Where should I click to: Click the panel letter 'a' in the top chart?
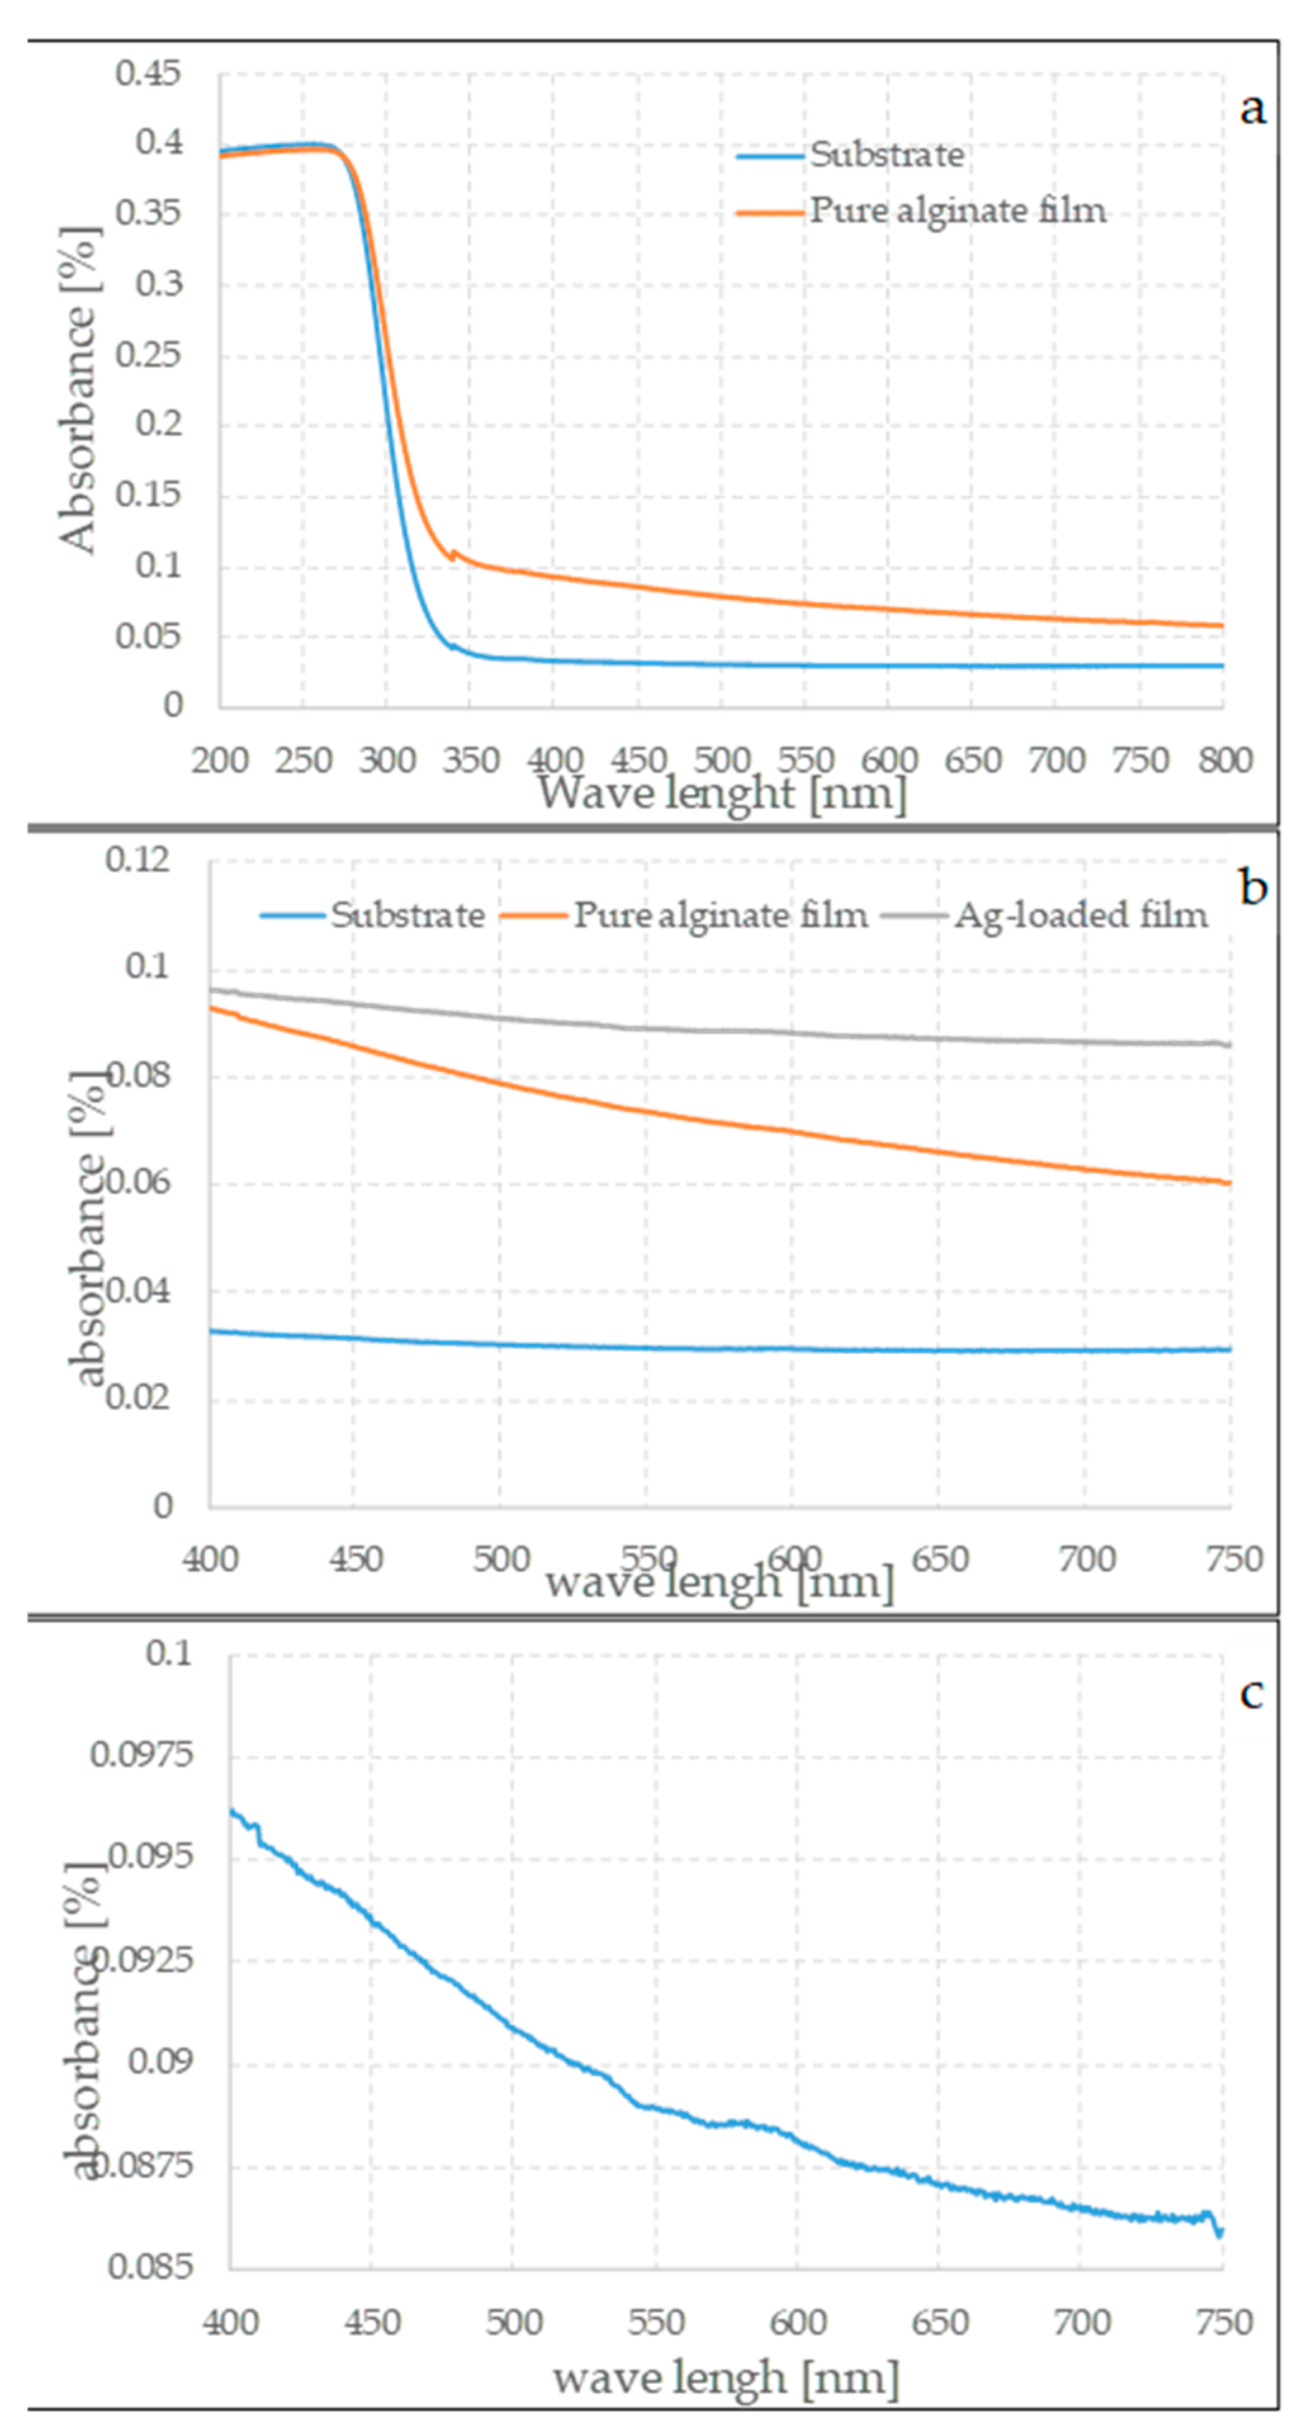click(1252, 110)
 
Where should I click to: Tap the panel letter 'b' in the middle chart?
click(1252, 889)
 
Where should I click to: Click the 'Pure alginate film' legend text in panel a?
click(958, 210)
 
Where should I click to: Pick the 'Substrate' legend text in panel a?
click(887, 155)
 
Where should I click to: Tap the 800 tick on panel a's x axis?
click(1224, 760)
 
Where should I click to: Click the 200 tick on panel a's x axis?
click(220, 760)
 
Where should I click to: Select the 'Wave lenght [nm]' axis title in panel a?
click(722, 793)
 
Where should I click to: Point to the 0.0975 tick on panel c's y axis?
click(141, 1754)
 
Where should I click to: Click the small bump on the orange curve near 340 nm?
click(453, 553)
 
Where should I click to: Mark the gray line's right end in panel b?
click(1228, 1044)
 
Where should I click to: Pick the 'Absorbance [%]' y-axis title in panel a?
click(77, 390)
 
